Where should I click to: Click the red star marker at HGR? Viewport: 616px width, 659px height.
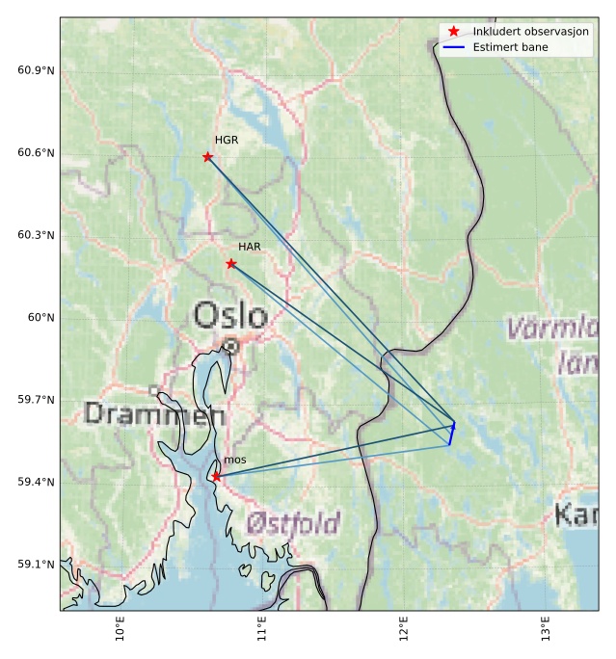(207, 157)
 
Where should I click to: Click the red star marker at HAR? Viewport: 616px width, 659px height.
(231, 264)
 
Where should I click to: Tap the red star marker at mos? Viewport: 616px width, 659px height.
(216, 476)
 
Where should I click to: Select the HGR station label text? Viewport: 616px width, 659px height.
(227, 141)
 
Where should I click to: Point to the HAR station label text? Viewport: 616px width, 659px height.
(250, 248)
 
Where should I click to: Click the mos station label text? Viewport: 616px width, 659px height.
(234, 461)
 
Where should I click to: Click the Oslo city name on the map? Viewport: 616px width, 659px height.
(230, 316)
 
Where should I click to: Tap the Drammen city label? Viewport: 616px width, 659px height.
(154, 415)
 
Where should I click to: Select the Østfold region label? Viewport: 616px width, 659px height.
(293, 523)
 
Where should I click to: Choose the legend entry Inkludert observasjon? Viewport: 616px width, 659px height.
(530, 32)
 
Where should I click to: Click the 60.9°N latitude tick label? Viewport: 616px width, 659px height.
(36, 71)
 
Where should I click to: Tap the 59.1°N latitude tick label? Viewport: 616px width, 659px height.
(36, 565)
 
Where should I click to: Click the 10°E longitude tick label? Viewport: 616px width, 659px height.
(120, 628)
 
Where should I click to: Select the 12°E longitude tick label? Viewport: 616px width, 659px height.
(403, 628)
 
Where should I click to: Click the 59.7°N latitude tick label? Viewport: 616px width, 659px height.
(36, 400)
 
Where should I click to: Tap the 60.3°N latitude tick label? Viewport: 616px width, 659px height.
(36, 236)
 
